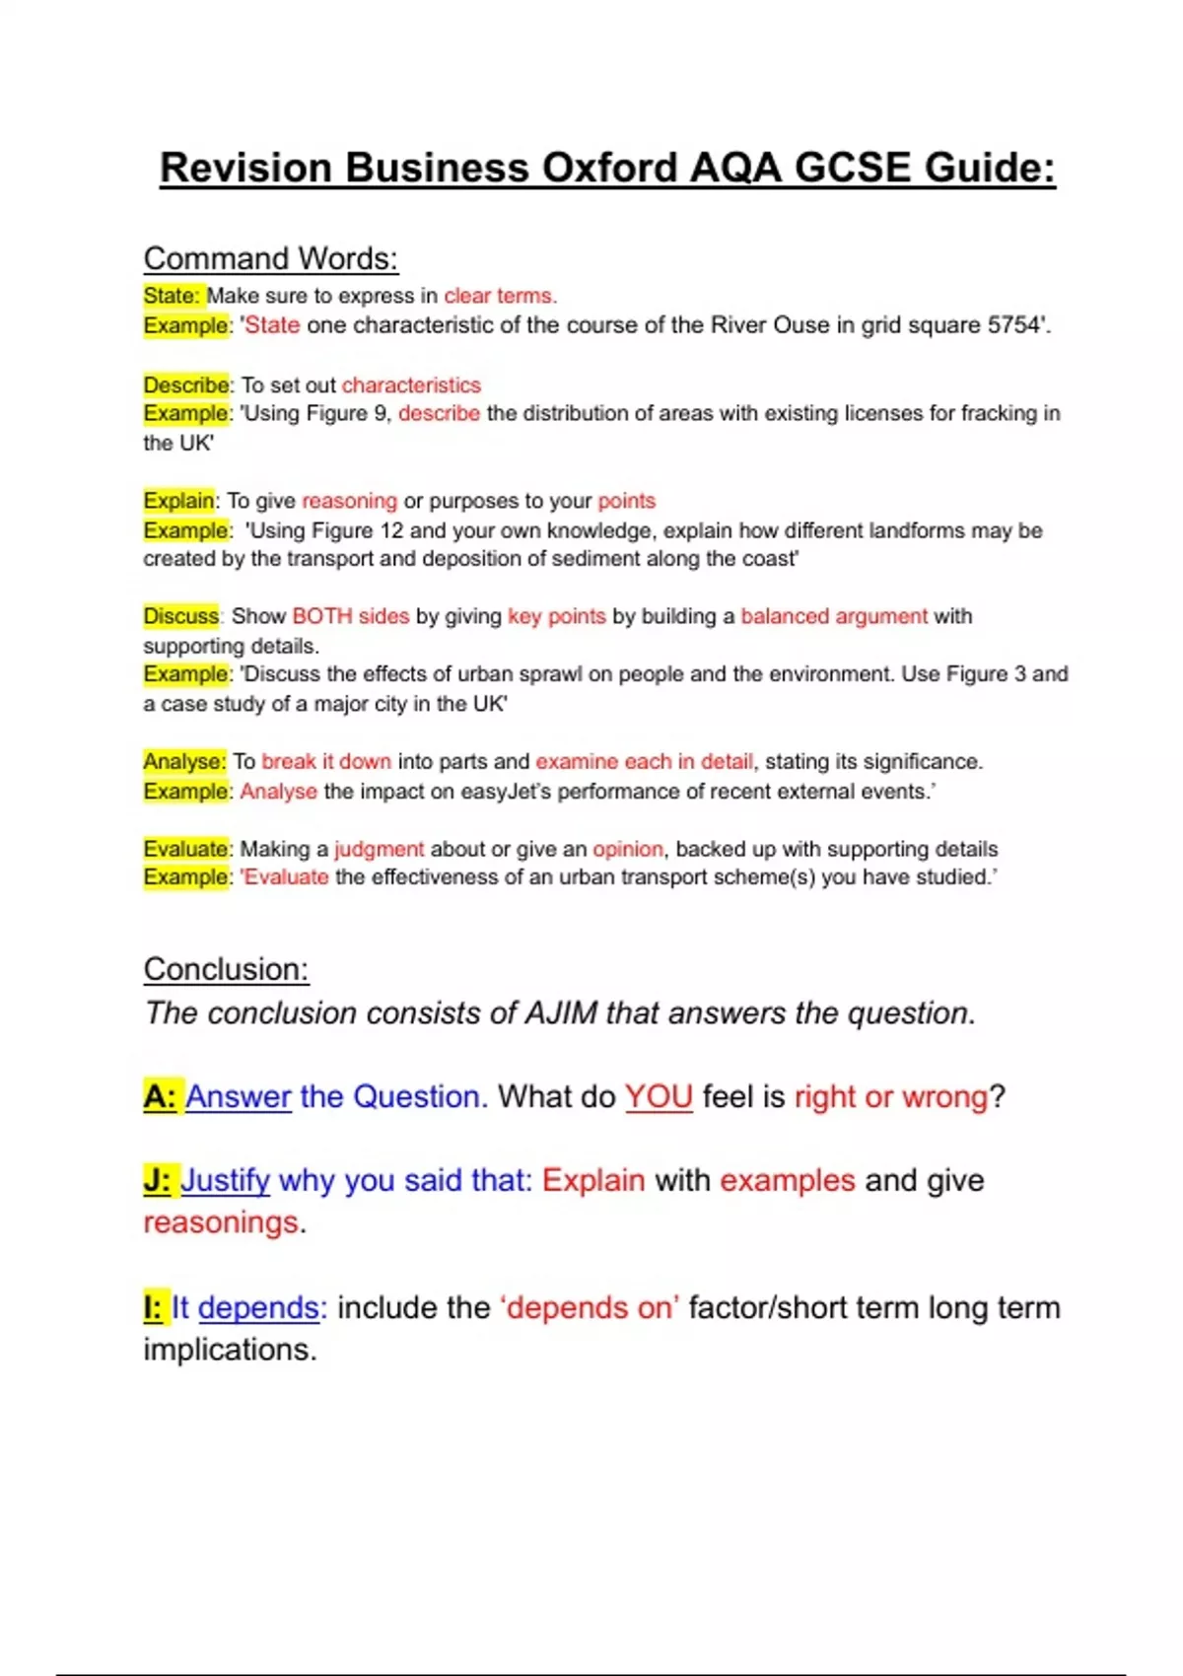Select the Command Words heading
point(271,258)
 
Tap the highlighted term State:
point(173,296)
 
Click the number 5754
point(1014,325)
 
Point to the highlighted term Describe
point(186,384)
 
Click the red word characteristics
point(411,384)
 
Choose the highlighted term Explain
point(178,501)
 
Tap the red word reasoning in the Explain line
point(349,501)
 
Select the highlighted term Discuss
point(180,616)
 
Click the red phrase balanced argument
point(834,616)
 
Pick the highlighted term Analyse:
point(184,761)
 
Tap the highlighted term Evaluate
point(186,849)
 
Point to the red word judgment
point(379,849)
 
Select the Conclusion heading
point(226,969)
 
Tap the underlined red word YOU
point(659,1096)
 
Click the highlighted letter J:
point(157,1180)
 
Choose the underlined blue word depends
point(258,1307)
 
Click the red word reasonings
point(221,1222)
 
